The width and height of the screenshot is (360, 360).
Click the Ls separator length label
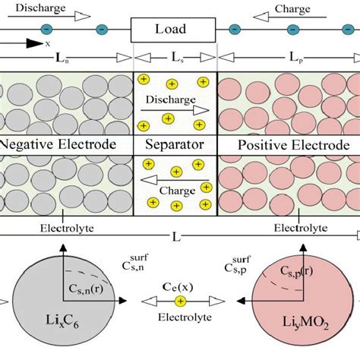[x=176, y=58]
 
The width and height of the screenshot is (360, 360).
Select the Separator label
[x=175, y=144]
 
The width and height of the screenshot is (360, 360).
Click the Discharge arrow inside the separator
[x=175, y=108]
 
